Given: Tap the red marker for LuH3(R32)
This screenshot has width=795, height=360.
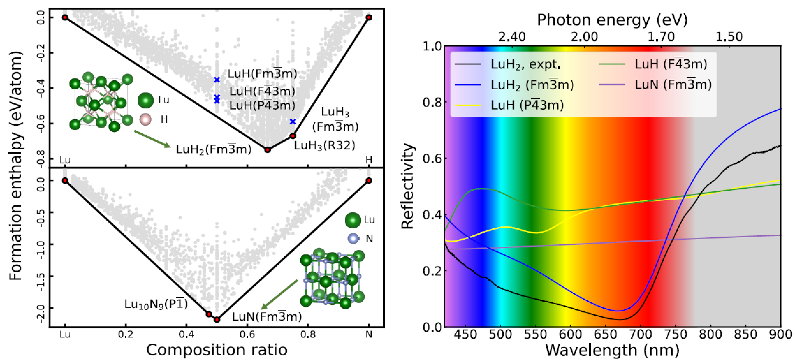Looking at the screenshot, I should [293, 136].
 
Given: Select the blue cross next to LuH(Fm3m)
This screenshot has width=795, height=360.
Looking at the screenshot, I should [217, 80].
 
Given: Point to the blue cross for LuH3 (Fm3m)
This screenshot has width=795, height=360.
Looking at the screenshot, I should [293, 121].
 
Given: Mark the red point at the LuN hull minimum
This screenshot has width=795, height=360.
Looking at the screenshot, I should [217, 320].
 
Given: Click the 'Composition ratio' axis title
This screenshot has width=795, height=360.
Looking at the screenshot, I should [217, 350].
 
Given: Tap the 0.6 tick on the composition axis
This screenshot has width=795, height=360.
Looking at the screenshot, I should [247, 334].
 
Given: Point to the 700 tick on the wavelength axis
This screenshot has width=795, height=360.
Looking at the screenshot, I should [644, 334].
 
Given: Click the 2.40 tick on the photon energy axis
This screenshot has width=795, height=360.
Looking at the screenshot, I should [512, 37].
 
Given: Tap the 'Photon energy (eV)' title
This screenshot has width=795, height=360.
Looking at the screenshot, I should [612, 20].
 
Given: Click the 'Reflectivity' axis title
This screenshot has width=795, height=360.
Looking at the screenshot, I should [407, 187].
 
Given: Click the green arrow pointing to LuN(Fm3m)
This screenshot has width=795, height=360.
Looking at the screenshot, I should [279, 295].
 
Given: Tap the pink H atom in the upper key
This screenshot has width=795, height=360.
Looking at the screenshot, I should [146, 120].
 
